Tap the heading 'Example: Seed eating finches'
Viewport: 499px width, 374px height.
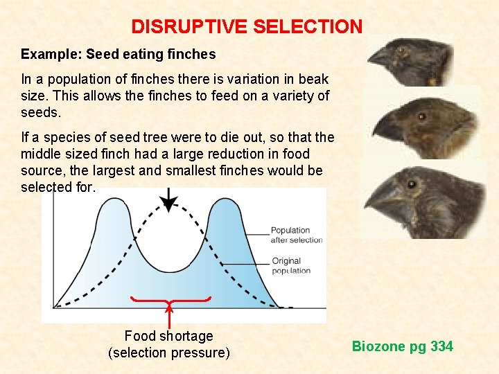pos(119,54)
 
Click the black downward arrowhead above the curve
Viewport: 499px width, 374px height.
pos(169,204)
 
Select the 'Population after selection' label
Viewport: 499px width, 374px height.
pos(296,235)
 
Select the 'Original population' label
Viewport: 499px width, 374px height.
pos(291,266)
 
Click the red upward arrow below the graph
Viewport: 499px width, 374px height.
pos(170,315)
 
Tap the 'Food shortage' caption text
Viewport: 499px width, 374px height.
pos(168,336)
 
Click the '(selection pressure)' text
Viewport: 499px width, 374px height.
pos(168,353)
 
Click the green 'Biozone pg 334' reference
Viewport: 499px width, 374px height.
pos(402,346)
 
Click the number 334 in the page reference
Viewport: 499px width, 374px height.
pos(441,346)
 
